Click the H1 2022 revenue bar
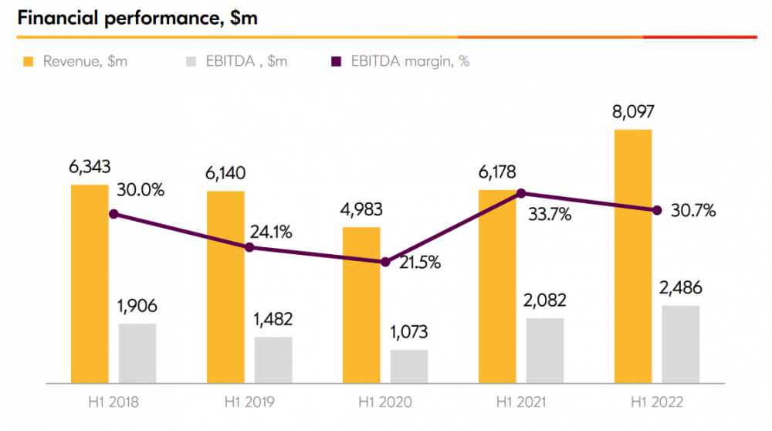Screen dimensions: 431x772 633,255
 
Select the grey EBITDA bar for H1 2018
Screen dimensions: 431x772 137,352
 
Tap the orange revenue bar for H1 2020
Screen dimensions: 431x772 361,304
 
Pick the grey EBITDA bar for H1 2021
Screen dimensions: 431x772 545,350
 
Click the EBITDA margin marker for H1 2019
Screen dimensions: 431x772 249,247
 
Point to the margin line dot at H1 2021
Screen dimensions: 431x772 521,193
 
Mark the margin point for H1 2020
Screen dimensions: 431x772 385,262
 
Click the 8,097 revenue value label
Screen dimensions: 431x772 633,112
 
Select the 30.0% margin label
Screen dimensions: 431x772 141,190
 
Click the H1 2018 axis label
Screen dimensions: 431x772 113,402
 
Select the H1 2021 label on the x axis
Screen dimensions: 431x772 520,402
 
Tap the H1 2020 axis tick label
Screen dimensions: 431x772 384,402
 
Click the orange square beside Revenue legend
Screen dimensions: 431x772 29,62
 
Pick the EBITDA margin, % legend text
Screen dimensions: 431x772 410,62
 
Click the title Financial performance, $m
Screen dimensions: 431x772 137,19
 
